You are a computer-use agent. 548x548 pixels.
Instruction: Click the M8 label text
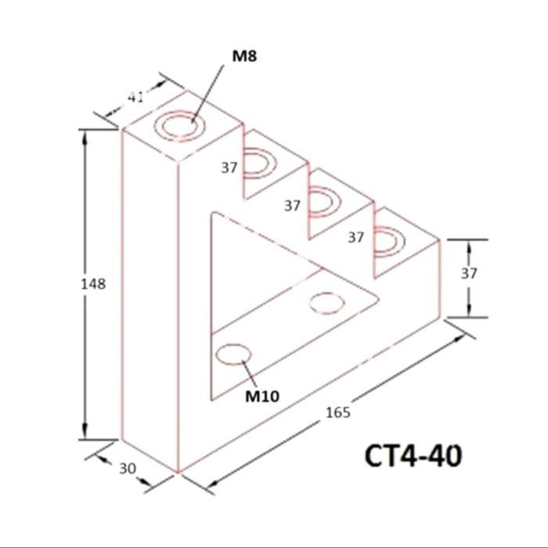click(243, 56)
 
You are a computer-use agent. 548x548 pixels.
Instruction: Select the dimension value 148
click(93, 284)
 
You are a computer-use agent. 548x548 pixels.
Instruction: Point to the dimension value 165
click(338, 412)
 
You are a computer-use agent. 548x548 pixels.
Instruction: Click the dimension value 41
click(135, 97)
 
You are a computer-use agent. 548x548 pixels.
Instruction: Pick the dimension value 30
click(128, 468)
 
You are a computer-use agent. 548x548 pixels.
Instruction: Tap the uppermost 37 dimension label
click(229, 167)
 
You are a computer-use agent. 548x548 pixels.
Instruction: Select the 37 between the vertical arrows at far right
click(468, 273)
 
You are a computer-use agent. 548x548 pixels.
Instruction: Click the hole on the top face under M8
click(181, 125)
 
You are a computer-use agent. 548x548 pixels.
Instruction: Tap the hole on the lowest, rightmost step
click(388, 240)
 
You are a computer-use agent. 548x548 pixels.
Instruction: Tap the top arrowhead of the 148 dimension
click(85, 137)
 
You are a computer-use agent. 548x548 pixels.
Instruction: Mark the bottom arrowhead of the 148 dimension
click(85, 434)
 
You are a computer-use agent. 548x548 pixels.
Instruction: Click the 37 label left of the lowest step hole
click(356, 236)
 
